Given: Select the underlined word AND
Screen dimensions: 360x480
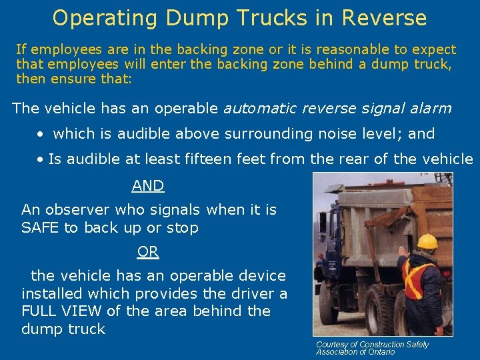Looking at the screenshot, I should [x=148, y=186].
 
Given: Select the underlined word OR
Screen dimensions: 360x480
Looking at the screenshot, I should [x=148, y=252].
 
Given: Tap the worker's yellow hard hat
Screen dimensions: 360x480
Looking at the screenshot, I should [x=427, y=241].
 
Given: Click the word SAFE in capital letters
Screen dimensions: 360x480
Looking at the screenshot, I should [x=40, y=228].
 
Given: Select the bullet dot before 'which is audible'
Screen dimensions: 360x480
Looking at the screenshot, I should [x=41, y=134].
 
